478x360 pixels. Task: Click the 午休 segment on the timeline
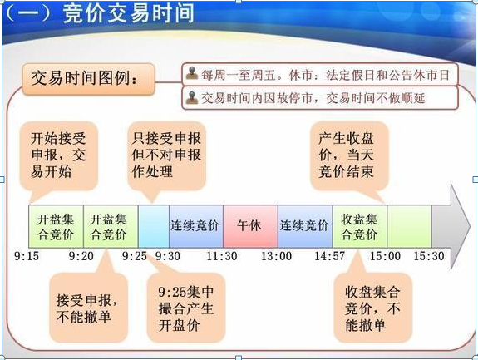click(250, 225)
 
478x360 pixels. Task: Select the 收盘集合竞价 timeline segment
click(360, 225)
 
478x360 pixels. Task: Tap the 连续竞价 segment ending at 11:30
click(196, 225)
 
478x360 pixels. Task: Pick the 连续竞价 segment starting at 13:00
click(305, 225)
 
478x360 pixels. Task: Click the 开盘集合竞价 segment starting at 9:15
click(56, 225)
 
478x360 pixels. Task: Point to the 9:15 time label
click(27, 256)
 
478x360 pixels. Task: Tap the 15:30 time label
click(430, 256)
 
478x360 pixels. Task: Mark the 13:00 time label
click(277, 256)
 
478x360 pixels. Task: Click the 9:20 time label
click(81, 256)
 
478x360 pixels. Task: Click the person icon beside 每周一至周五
click(192, 73)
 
